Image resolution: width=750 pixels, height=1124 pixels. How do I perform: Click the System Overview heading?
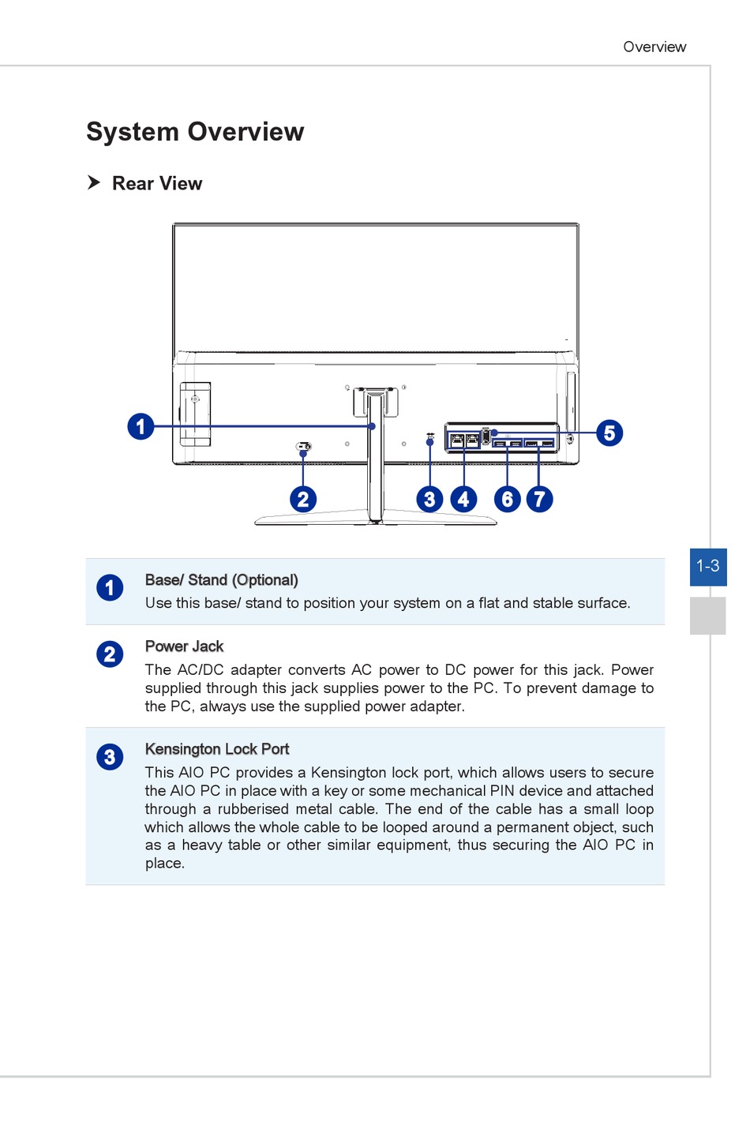point(195,132)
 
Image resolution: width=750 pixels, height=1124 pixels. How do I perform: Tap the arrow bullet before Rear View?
point(94,182)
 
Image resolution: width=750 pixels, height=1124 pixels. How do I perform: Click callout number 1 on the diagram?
point(141,426)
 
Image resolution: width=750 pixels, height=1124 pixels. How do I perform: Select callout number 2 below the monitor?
point(303,499)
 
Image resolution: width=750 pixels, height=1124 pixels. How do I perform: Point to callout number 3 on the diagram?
point(429,499)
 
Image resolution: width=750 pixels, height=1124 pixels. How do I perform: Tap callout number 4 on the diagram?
point(463,499)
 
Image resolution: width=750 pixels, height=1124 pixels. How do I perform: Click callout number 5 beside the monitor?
point(609,433)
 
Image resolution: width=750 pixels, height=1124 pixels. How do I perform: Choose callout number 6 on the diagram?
point(508,499)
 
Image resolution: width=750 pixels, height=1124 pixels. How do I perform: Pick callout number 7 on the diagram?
point(539,499)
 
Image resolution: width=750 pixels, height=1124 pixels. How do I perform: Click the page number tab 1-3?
point(707,566)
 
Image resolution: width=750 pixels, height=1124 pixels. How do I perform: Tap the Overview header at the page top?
point(654,47)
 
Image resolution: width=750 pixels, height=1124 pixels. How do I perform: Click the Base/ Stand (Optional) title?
point(221,580)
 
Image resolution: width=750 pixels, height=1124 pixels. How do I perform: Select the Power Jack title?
point(184,646)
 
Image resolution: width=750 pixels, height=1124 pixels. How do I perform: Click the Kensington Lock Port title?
point(217,749)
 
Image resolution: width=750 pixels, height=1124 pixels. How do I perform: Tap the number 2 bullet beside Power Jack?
point(110,654)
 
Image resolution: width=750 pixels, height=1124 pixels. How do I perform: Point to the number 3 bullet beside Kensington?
point(110,757)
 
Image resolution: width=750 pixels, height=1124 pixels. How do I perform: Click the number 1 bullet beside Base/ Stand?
point(110,588)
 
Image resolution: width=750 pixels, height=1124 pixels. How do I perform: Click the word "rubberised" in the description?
point(253,809)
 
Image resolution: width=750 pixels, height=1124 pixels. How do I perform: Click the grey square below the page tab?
point(707,616)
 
